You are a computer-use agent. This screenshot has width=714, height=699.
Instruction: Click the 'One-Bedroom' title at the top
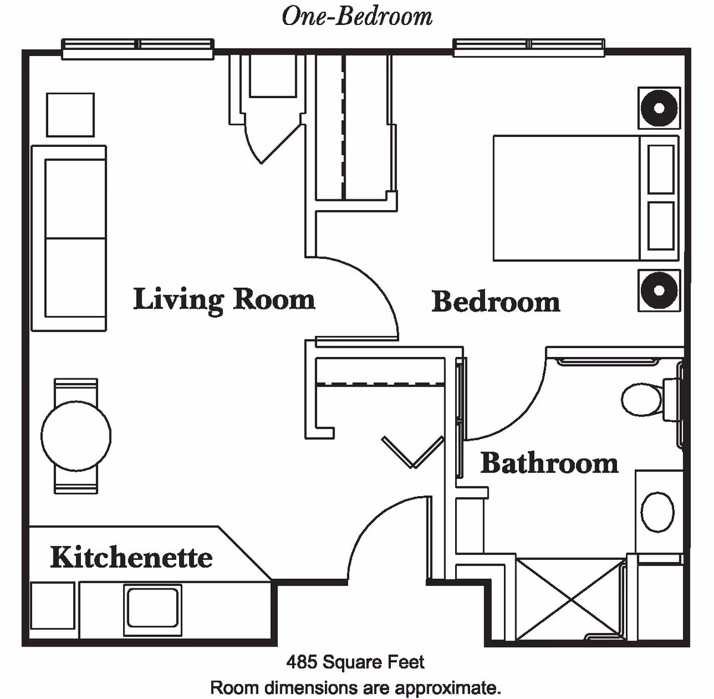pos(357,16)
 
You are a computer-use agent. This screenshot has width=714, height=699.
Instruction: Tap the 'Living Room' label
pos(224,299)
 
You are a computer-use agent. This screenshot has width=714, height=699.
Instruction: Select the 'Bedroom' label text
pos(496,302)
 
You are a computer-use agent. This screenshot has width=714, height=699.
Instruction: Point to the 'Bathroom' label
pos(549,463)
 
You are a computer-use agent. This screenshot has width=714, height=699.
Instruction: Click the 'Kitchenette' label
pos(131,557)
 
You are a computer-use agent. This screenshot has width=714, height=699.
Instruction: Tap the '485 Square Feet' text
pos(356,662)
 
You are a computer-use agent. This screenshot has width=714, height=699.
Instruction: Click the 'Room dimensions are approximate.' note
pos(356,687)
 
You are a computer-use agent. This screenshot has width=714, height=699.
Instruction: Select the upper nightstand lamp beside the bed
pos(659,108)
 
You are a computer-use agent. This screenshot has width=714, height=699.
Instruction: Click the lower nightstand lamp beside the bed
pos(659,291)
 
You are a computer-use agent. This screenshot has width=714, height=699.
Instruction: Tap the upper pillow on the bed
pos(660,169)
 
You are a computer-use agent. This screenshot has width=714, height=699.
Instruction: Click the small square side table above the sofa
pos(70,115)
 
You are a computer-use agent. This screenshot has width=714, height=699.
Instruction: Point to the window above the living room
pos(138,49)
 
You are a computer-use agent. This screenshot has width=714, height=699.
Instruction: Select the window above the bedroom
pos(529,48)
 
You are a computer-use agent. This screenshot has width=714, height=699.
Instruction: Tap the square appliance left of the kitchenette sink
pos(52,606)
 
